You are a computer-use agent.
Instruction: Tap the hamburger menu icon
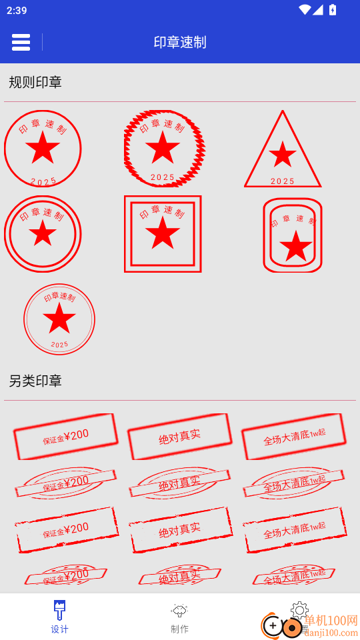coord(21,42)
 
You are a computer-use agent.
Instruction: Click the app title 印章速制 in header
coord(180,42)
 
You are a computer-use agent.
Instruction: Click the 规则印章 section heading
coord(35,82)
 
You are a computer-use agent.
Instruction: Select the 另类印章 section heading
coord(35,381)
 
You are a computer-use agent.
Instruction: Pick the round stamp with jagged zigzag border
coord(163,149)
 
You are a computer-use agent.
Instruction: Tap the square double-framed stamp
coord(163,234)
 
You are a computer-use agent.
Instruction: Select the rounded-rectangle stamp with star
coord(293,235)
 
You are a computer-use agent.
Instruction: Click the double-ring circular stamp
coord(43,234)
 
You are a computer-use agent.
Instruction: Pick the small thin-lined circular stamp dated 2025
coord(59,319)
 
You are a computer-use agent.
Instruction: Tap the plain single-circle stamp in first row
coord(43,149)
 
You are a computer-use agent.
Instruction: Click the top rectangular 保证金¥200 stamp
coord(66,437)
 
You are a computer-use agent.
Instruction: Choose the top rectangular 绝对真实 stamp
coord(179,437)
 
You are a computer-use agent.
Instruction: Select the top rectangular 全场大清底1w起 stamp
coord(294,437)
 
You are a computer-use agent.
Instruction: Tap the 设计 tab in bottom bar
coord(59,617)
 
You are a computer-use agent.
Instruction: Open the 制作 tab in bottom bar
coord(179,617)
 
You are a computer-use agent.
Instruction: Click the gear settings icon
coord(300,609)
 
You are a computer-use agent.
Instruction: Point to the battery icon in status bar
coord(333,10)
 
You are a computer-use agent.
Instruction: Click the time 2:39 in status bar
coord(17,10)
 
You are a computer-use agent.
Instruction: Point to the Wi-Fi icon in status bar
coord(305,10)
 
